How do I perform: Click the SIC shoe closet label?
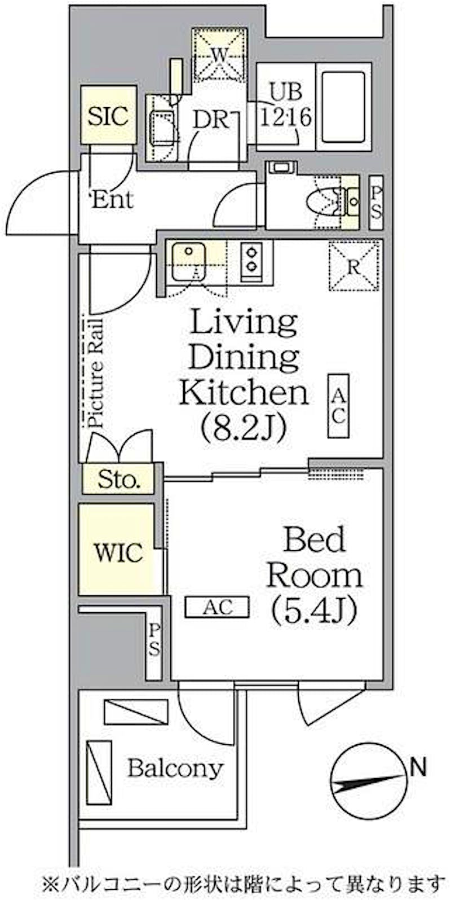pyautogui.click(x=108, y=116)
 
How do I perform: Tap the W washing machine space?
pyautogui.click(x=219, y=55)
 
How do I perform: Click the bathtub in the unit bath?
pyautogui.click(x=343, y=107)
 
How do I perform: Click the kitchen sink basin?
pyautogui.click(x=189, y=262)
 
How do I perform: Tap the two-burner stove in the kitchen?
pyautogui.click(x=251, y=261)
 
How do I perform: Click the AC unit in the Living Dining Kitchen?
pyautogui.click(x=338, y=406)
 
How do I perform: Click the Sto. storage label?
pyautogui.click(x=119, y=479)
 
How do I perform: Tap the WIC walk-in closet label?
pyautogui.click(x=119, y=553)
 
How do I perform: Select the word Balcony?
pyautogui.click(x=175, y=769)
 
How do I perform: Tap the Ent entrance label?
pyautogui.click(x=112, y=200)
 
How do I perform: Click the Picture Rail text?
pyautogui.click(x=95, y=373)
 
